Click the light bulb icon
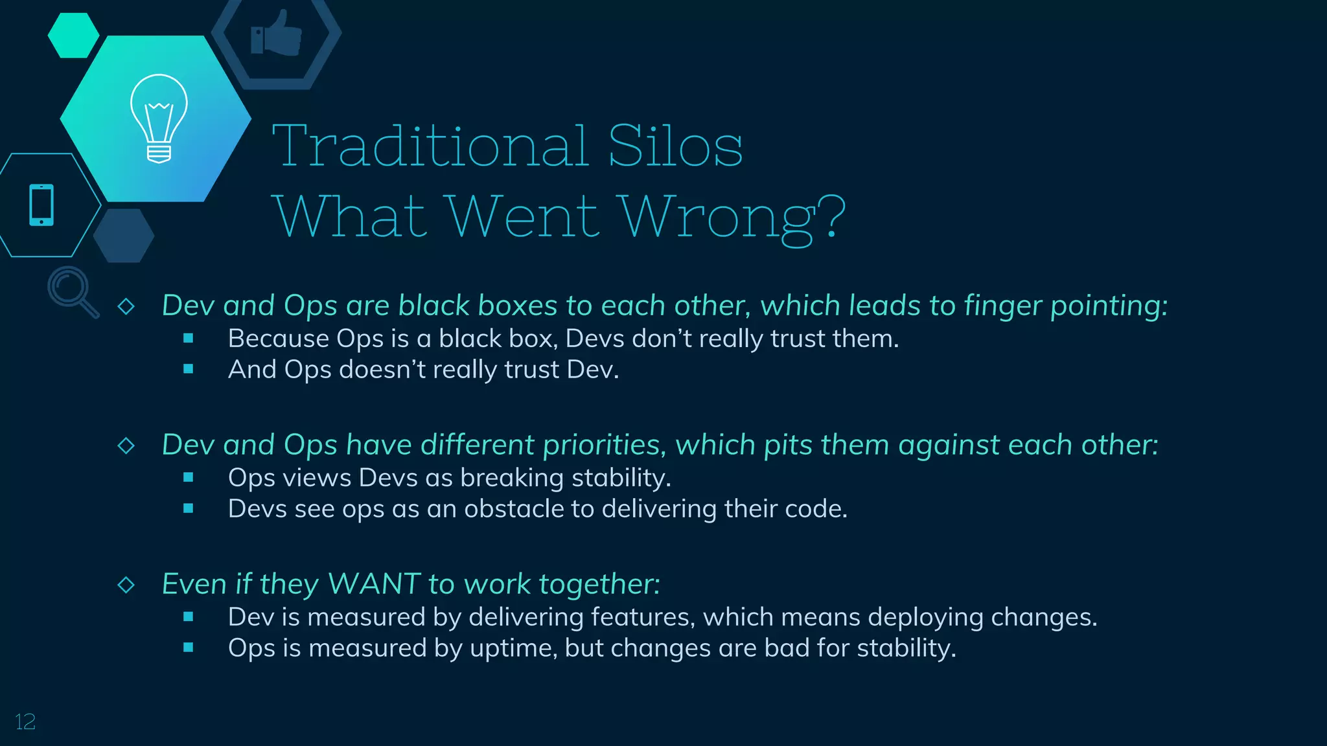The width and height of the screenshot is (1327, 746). click(159, 118)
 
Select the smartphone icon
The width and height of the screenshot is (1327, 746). click(41, 205)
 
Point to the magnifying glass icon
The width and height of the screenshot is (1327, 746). click(72, 291)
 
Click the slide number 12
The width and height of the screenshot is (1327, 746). click(25, 722)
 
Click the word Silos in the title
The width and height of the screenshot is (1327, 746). click(675, 146)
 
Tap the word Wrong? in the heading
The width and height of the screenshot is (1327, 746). click(732, 218)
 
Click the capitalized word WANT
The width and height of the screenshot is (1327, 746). click(374, 584)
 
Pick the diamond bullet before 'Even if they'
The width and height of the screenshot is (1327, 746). click(126, 585)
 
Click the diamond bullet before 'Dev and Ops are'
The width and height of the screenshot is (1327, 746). click(126, 306)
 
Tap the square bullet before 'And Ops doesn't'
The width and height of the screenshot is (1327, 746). click(189, 369)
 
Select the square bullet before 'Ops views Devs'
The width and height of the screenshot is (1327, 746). click(189, 477)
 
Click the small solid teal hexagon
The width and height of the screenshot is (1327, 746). click(73, 36)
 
